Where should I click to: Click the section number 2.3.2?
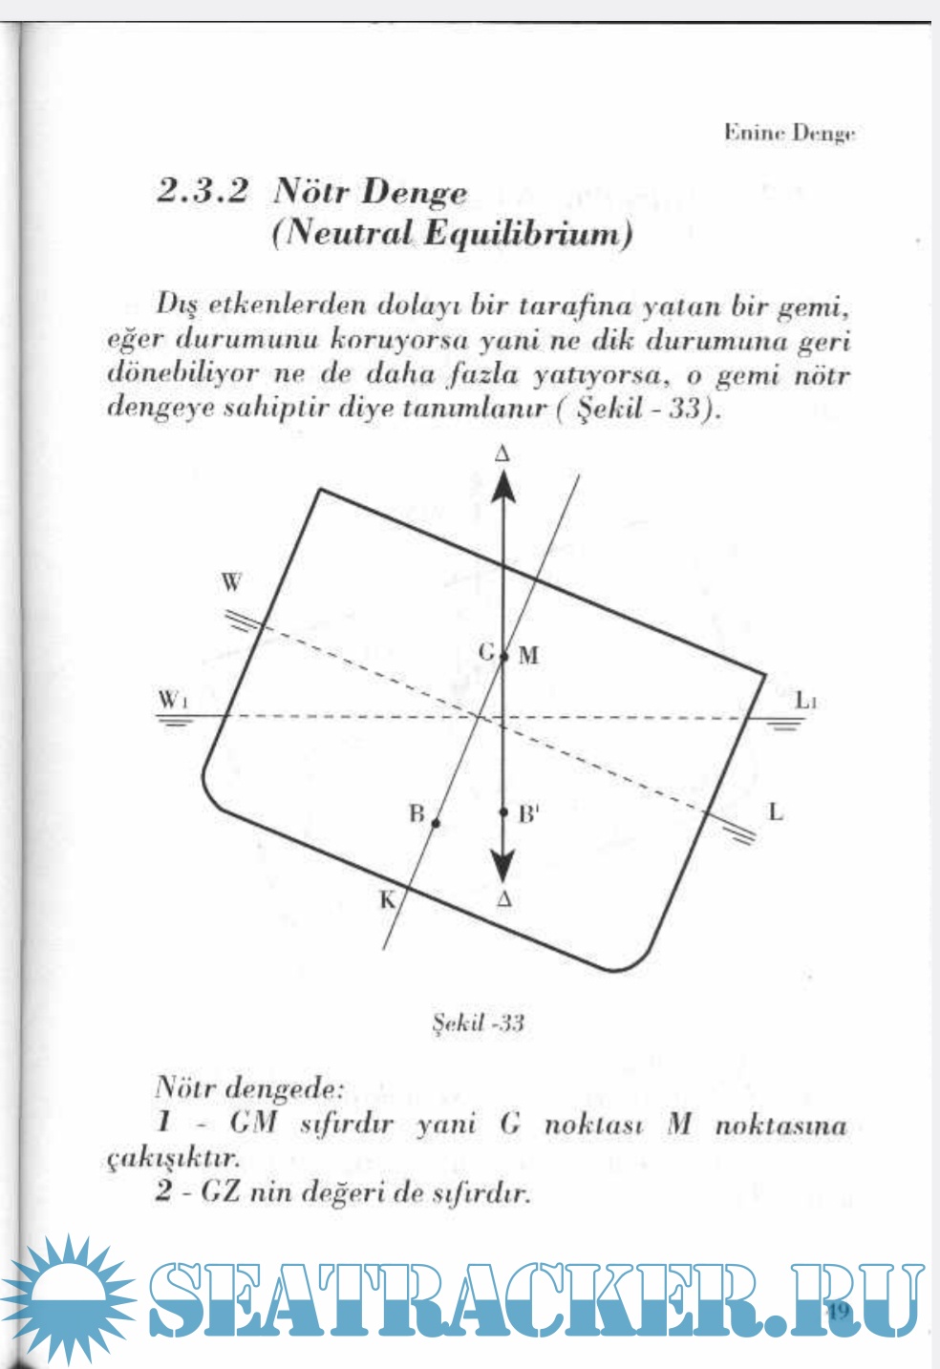tap(203, 192)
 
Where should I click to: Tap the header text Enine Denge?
tap(788, 134)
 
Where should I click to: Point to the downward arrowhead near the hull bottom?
tap(503, 868)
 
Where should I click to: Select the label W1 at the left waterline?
tap(172, 700)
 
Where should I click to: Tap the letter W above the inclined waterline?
tap(232, 582)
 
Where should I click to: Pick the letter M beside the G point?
tap(528, 655)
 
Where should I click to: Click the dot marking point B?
tap(436, 823)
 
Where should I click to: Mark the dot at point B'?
tap(504, 813)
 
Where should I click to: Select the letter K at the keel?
tap(388, 898)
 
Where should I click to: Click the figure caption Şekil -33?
tap(479, 1023)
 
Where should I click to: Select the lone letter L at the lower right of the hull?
tap(776, 812)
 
